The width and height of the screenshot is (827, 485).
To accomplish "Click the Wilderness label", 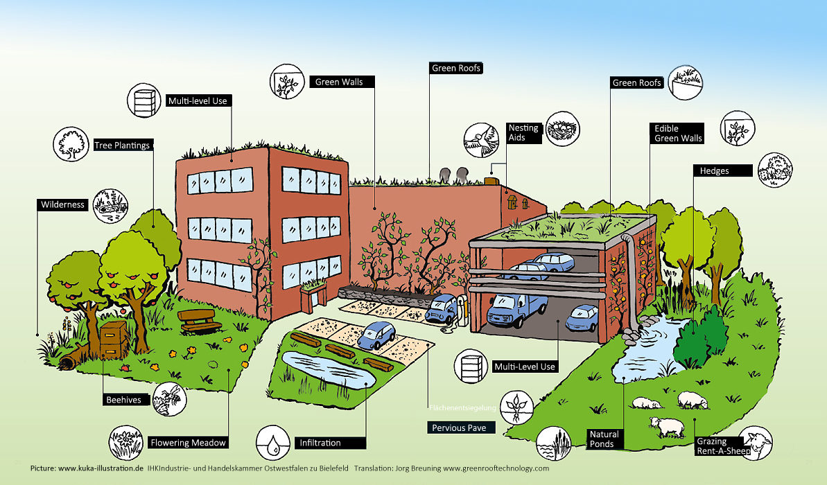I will click(62, 204).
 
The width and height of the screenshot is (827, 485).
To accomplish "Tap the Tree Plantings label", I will click(122, 145).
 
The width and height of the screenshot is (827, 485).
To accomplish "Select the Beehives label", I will click(124, 400).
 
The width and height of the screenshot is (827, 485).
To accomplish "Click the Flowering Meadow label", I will click(188, 443).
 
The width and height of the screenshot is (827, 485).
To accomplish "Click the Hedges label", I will click(721, 170).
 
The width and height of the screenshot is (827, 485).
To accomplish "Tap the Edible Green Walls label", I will click(677, 133).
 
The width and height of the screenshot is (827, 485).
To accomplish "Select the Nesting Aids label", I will click(523, 132).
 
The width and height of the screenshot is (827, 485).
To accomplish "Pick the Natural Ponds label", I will click(604, 439).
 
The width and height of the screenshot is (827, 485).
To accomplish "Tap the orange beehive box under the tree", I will click(113, 339).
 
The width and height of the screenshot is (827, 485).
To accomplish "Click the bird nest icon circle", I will click(563, 129).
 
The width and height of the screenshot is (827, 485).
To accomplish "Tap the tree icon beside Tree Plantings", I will click(71, 144).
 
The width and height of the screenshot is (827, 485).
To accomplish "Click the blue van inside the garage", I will click(516, 309).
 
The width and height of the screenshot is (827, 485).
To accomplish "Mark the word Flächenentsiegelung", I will click(462, 407).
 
